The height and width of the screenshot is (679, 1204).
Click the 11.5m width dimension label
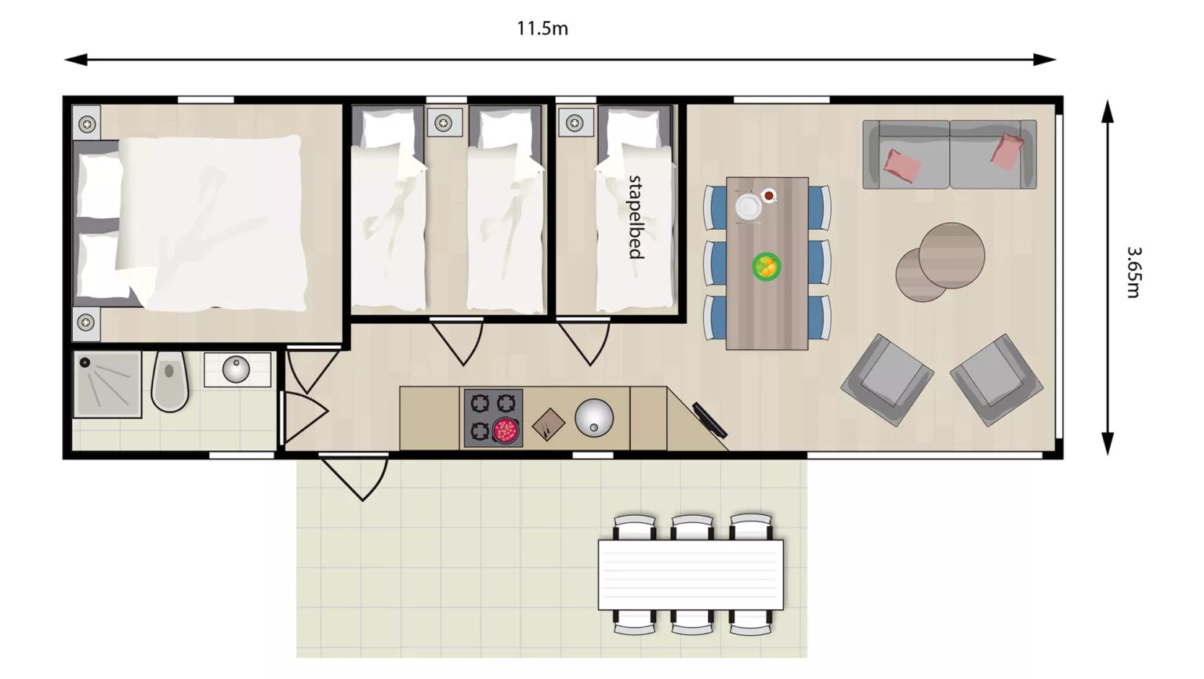542,28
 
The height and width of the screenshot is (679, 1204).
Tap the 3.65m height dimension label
1133,272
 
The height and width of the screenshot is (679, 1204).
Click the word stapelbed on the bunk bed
636,217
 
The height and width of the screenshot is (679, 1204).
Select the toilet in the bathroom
170,381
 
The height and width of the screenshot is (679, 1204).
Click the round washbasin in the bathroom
236,369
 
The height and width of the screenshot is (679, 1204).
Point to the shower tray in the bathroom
107,384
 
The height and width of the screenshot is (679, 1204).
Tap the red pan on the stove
506,430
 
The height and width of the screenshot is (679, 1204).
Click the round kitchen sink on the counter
594,418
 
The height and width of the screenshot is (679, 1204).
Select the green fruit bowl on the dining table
767,266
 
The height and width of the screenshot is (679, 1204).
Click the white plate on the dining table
749,206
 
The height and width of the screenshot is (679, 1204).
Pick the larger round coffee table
952,256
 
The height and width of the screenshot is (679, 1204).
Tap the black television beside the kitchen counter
709,420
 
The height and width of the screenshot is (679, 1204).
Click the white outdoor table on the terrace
691,575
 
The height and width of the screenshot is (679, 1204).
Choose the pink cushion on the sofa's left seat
902,165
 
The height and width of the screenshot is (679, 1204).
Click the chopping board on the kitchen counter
548,424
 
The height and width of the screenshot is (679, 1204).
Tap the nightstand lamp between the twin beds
444,122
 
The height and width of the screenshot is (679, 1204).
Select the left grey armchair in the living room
887,380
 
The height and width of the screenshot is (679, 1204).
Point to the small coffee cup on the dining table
769,195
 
